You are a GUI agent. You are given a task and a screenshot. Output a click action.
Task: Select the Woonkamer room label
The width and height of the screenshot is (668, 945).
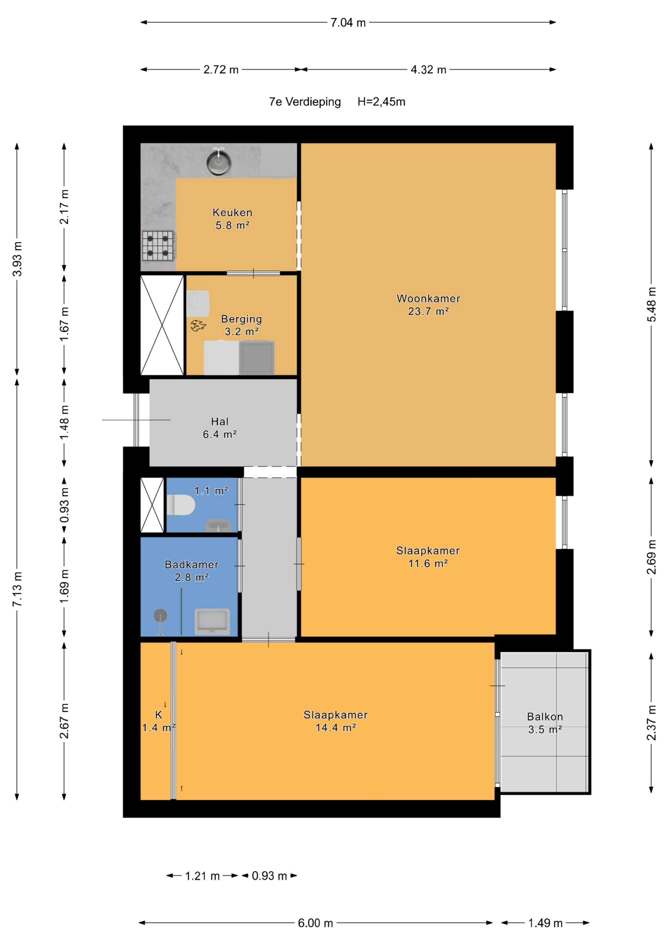click(428, 305)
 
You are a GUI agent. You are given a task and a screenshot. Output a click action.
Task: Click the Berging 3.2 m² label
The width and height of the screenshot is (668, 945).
click(242, 325)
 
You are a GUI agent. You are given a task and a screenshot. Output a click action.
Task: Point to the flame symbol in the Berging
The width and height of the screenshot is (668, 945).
click(198, 326)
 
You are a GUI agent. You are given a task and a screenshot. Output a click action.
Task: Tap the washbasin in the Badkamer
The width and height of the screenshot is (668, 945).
click(212, 621)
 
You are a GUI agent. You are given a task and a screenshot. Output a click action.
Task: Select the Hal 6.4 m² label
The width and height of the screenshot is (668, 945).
click(220, 427)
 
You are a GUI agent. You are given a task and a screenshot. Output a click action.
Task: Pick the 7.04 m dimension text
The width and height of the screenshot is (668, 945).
click(348, 23)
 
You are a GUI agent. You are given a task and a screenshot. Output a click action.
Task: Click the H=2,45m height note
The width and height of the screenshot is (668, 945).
click(381, 102)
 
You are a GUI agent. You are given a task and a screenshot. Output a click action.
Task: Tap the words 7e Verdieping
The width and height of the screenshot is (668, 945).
click(305, 102)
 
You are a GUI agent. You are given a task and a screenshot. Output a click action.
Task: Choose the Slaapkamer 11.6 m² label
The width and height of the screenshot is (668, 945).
click(428, 557)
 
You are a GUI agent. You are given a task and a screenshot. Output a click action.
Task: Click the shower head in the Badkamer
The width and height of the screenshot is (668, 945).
click(161, 616)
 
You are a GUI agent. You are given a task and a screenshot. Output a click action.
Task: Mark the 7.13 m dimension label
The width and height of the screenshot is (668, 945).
click(17, 589)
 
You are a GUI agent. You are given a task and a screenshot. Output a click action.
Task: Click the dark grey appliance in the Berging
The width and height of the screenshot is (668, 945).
click(256, 357)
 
